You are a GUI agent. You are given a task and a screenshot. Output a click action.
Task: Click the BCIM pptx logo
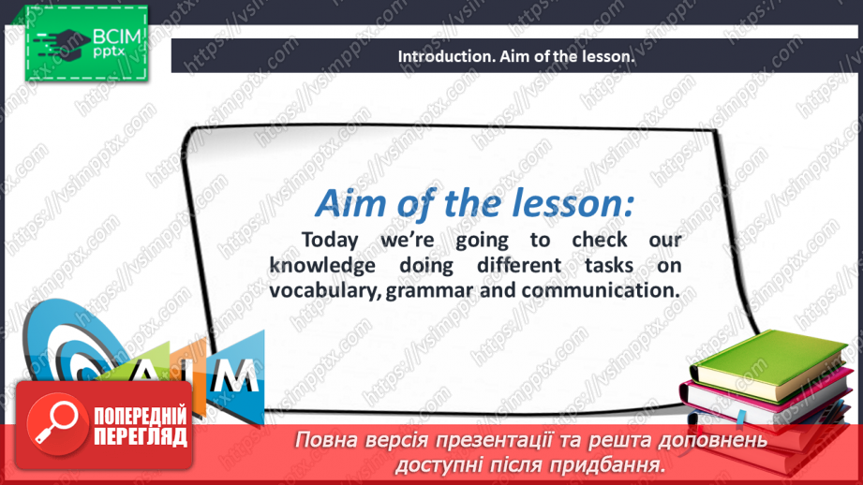tap(84, 42)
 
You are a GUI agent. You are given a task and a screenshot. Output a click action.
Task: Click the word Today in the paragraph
tap(336, 242)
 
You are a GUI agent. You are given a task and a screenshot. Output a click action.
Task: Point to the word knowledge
tap(320, 266)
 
